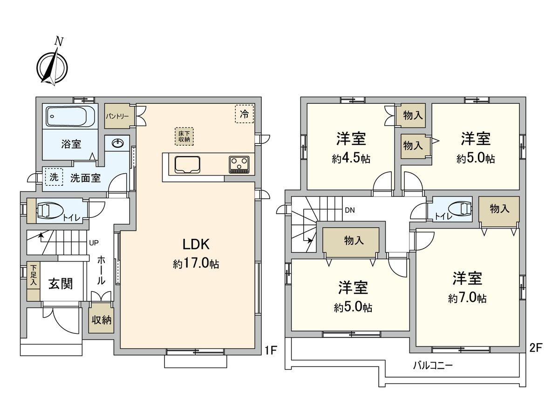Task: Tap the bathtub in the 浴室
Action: [x=70, y=115]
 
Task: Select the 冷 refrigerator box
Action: [x=244, y=113]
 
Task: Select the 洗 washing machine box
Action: [x=54, y=177]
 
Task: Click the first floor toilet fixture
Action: [x=49, y=210]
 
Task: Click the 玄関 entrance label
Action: [x=60, y=283]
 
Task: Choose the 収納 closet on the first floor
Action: [x=101, y=320]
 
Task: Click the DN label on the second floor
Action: [x=350, y=210]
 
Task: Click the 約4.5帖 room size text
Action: [x=351, y=159]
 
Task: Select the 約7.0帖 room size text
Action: [x=467, y=298]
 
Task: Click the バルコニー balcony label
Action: [x=432, y=366]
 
